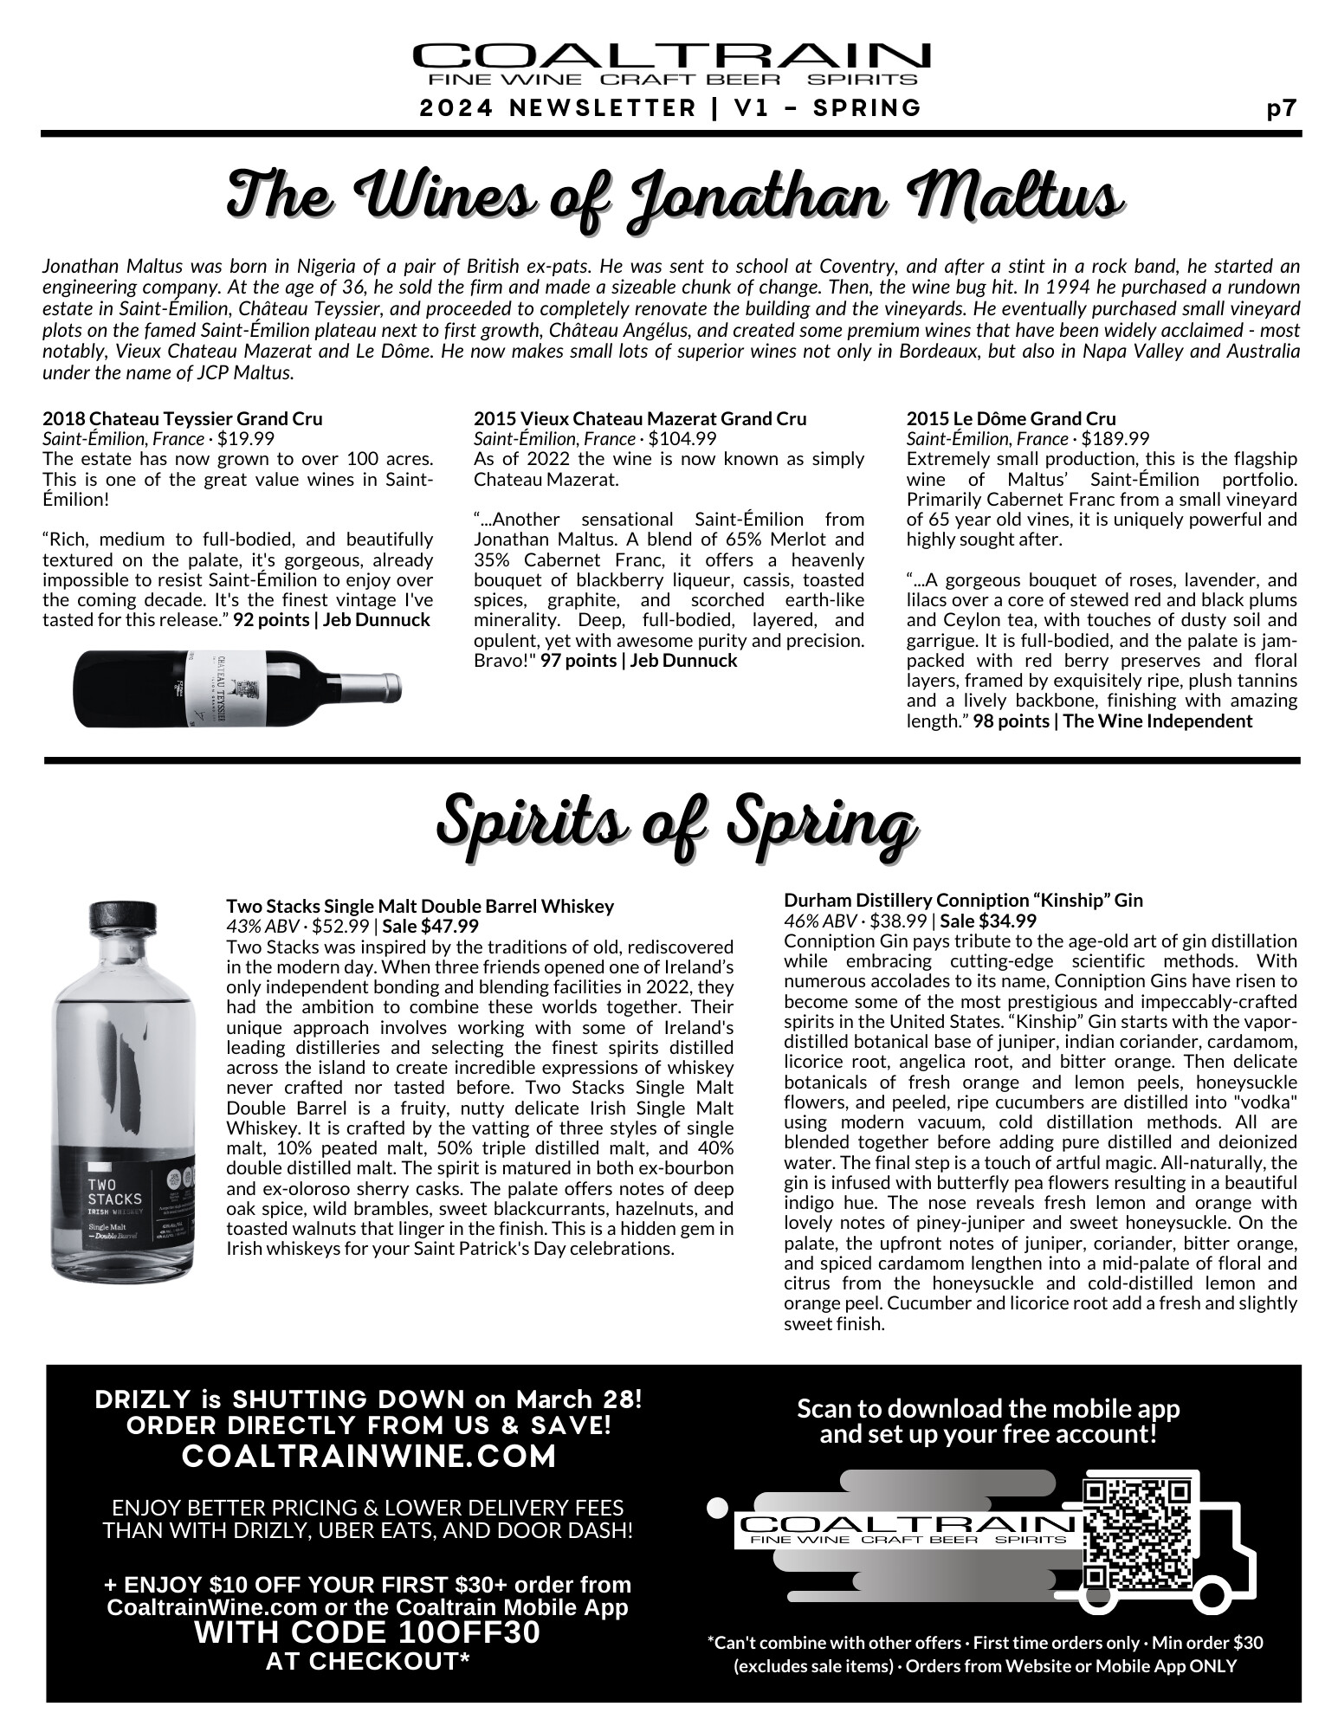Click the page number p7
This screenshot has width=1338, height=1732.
click(x=1281, y=108)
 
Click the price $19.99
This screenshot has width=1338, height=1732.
click(x=246, y=438)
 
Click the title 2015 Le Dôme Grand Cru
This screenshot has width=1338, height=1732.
click(x=1011, y=419)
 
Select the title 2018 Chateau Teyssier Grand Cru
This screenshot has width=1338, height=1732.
click(x=183, y=419)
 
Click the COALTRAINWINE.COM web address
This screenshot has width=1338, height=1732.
click(x=368, y=1457)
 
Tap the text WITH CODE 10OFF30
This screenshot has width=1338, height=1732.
click(x=367, y=1632)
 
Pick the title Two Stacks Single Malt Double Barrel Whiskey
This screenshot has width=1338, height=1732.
click(x=420, y=906)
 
